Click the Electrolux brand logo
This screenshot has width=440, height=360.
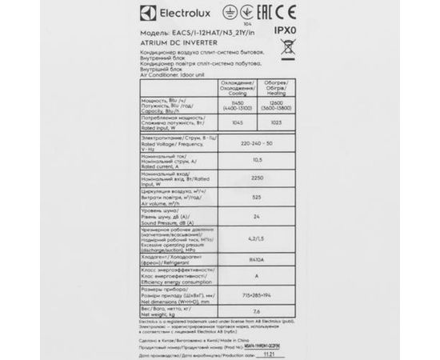pos(146,14)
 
